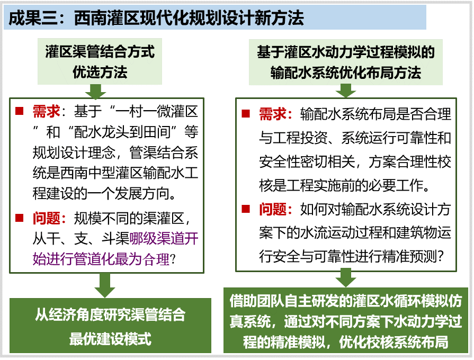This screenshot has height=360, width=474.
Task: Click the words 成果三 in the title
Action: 33,18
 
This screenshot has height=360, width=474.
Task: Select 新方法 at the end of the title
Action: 279,18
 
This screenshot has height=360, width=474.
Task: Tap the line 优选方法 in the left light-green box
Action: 100,72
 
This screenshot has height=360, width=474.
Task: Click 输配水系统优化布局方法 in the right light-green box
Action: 345,73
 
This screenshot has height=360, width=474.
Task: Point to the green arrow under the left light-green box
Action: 95,91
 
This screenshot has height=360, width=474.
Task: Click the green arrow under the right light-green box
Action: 346,91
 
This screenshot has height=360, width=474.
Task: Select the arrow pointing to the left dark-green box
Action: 104,285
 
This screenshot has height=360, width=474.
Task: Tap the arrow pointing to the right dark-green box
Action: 346,278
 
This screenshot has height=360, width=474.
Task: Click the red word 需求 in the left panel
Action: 46,112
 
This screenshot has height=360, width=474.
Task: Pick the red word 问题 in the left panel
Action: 46,218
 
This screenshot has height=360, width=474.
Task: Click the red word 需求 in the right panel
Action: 273,114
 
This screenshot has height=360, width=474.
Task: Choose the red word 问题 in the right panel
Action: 273,209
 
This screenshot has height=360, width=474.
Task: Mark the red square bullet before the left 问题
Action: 20,218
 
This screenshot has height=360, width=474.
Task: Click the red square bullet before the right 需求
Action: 246,114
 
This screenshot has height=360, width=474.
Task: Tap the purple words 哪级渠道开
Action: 164,239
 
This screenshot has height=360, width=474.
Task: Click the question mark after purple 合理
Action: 173,259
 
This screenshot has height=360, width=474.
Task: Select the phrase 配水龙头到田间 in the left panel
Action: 122,132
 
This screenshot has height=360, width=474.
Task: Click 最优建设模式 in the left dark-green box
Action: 110,339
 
